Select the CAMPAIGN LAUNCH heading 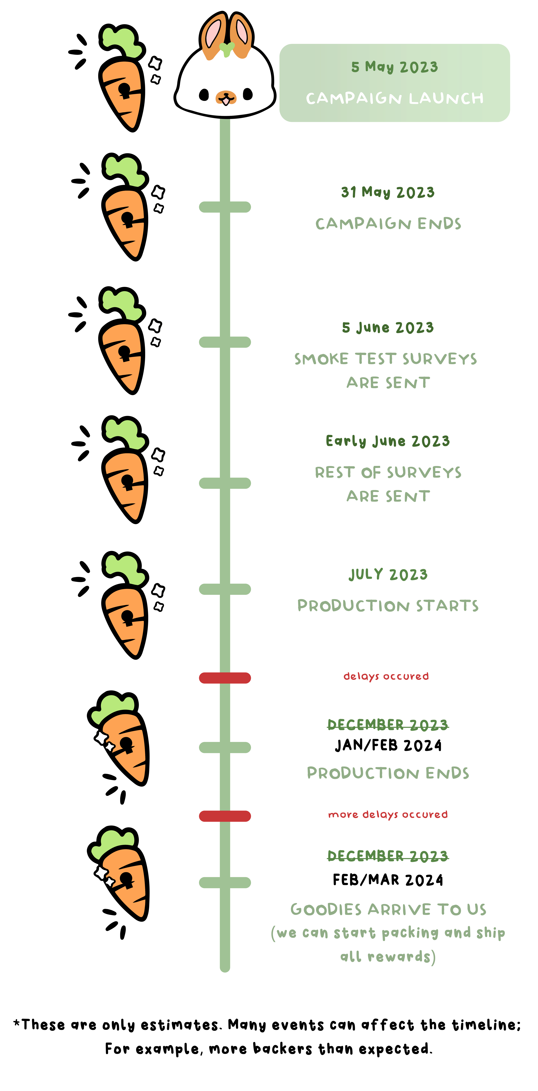click(x=395, y=98)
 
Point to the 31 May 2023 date click(x=388, y=192)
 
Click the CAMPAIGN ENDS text click(x=388, y=224)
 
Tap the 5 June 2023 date click(x=388, y=327)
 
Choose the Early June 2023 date click(x=388, y=441)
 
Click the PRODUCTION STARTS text click(x=388, y=606)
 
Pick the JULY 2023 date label click(x=388, y=575)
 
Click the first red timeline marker click(x=225, y=678)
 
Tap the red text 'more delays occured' click(x=388, y=814)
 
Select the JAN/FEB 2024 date click(x=388, y=745)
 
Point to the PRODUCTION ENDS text click(x=388, y=773)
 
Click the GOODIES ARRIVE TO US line click(x=388, y=909)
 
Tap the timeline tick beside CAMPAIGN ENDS click(x=225, y=207)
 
